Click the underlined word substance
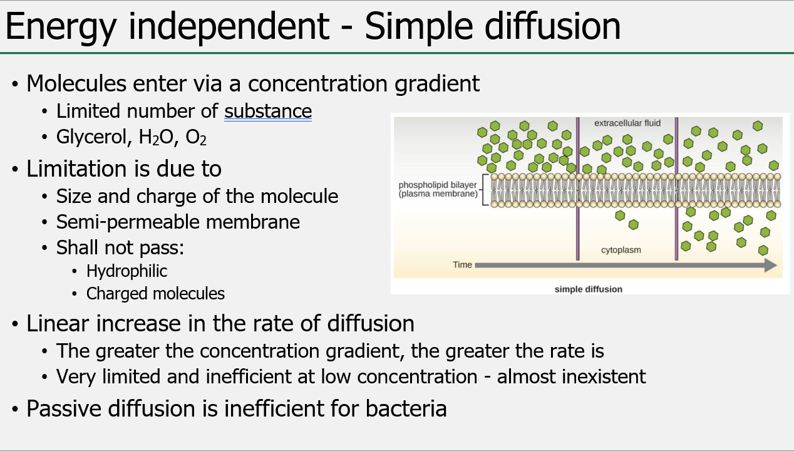(268, 111)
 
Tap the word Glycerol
(90, 137)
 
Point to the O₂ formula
(196, 138)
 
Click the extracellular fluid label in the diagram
(627, 123)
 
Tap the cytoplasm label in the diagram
(621, 250)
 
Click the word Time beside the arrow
(462, 265)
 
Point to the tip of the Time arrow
(775, 265)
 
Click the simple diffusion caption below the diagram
(589, 289)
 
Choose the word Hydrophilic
(127, 271)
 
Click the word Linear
(59, 324)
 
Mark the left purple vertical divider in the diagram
(577, 188)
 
